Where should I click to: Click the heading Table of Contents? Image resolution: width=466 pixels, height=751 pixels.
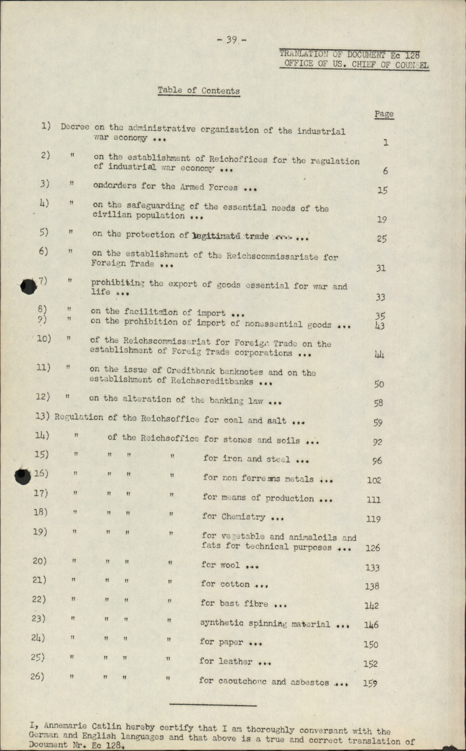click(x=198, y=91)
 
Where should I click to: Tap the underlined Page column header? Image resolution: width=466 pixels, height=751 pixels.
click(x=384, y=114)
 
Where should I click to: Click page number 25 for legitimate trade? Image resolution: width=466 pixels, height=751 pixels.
click(x=381, y=239)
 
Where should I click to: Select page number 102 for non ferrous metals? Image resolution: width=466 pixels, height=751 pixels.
click(x=374, y=480)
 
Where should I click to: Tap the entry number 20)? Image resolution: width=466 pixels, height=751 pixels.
click(x=40, y=561)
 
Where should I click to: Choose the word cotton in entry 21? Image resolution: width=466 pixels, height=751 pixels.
click(x=235, y=584)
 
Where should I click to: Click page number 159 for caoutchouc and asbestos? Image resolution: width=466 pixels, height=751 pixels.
click(x=371, y=683)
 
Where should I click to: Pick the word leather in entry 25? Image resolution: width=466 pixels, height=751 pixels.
click(x=236, y=661)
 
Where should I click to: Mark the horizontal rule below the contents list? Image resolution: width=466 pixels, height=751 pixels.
click(x=213, y=705)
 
